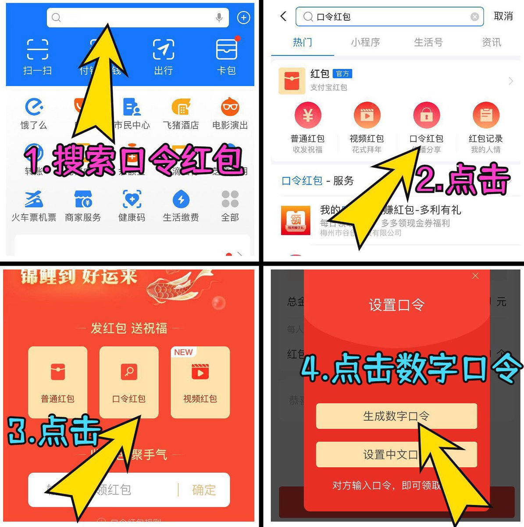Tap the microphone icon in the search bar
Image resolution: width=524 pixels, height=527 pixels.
(x=219, y=18)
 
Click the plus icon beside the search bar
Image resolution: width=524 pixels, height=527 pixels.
(x=243, y=18)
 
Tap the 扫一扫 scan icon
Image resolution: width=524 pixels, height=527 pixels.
(x=37, y=49)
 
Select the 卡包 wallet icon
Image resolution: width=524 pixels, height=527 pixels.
(x=227, y=49)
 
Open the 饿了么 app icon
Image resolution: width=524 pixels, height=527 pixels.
(x=34, y=107)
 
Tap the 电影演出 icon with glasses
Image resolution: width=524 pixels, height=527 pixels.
(x=230, y=107)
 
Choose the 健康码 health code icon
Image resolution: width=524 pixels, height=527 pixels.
(x=132, y=199)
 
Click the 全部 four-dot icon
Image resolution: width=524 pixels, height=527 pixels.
(x=230, y=199)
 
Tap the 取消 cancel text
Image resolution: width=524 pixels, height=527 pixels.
(x=503, y=16)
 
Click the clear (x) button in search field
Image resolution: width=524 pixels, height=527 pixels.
(x=474, y=17)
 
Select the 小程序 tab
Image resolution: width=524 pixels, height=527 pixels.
(x=365, y=42)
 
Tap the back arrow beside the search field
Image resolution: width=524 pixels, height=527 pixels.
(x=283, y=16)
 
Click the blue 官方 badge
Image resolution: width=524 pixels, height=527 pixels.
(x=342, y=74)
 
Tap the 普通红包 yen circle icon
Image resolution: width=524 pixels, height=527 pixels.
(x=308, y=116)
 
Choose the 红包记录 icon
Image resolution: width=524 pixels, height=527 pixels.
(x=486, y=116)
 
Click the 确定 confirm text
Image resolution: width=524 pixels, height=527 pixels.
(x=204, y=490)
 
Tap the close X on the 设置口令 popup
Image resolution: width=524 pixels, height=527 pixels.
(x=475, y=276)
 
